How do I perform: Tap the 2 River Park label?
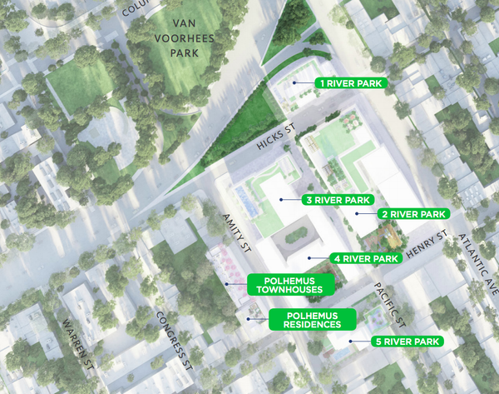(x=414, y=214)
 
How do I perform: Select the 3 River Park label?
(x=337, y=201)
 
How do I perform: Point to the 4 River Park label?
(x=365, y=258)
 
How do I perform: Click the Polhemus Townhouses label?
(x=290, y=284)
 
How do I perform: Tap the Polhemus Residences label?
(x=312, y=320)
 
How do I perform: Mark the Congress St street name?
(x=175, y=341)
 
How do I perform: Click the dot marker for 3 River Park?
(x=282, y=201)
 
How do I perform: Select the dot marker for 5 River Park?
(x=350, y=342)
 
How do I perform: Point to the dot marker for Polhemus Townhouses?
(x=225, y=284)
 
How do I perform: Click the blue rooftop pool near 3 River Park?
(x=245, y=198)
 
